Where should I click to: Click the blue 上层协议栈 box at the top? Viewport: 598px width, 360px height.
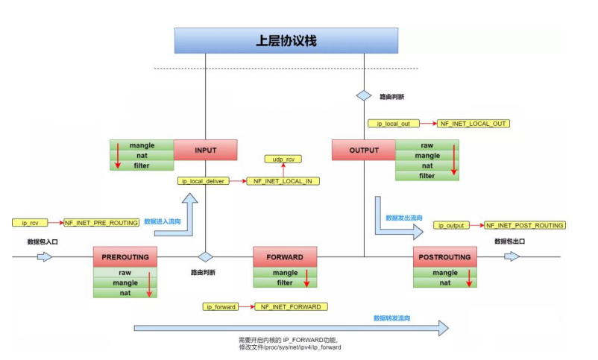pos(287,40)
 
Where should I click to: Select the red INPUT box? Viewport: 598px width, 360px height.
pos(205,150)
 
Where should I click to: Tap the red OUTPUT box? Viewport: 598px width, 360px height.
pos(363,150)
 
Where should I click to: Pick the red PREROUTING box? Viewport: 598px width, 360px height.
pos(125,257)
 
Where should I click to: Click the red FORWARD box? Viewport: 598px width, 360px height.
pos(285,257)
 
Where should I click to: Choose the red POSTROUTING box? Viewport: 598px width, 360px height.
pos(444,257)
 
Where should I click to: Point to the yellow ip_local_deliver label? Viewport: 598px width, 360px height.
pos(202,181)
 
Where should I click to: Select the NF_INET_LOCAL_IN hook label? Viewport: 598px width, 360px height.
pos(283,181)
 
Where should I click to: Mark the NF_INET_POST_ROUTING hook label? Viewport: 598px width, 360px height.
pos(524,225)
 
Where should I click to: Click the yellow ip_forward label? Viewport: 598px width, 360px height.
pos(221,306)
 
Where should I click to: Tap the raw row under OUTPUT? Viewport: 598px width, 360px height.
pos(427,145)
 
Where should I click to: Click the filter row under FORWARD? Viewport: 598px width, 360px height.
pos(285,283)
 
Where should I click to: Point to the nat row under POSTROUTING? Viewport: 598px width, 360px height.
pos(444,283)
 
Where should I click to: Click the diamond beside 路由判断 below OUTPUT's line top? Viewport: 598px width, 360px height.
pos(363,96)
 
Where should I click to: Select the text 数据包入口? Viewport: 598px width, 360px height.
pos(43,242)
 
